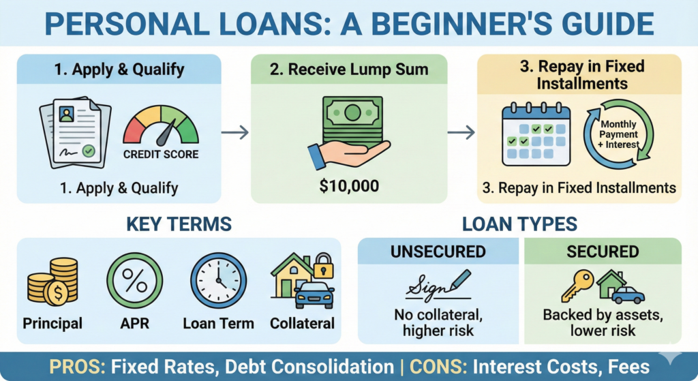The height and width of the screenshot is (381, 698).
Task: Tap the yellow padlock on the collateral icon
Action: click(x=323, y=267)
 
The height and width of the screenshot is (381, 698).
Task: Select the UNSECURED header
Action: click(x=438, y=252)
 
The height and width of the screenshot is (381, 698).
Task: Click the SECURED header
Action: click(x=603, y=252)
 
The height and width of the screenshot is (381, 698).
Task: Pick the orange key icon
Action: click(x=576, y=285)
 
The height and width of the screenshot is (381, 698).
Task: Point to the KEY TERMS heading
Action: click(x=178, y=224)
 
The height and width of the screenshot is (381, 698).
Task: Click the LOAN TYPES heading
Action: click(x=519, y=224)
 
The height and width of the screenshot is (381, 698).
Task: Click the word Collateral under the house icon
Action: click(x=302, y=323)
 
